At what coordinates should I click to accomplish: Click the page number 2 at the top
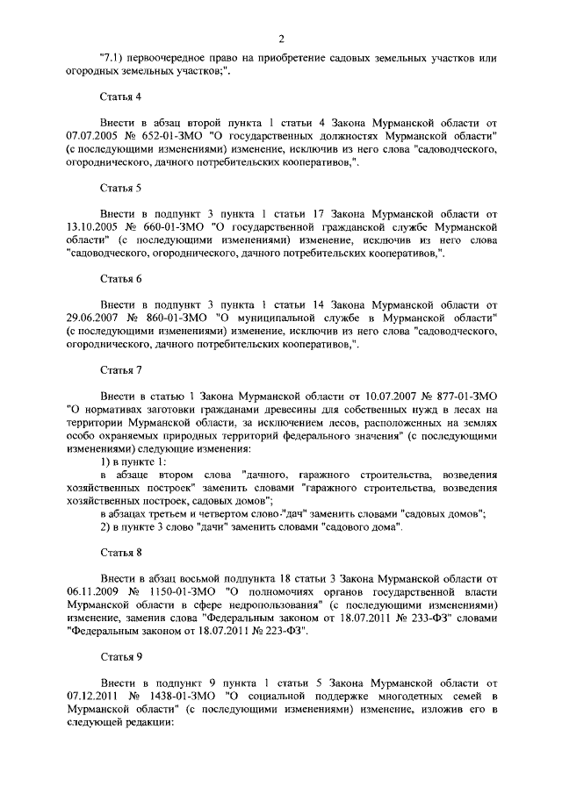pyautogui.click(x=280, y=38)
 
